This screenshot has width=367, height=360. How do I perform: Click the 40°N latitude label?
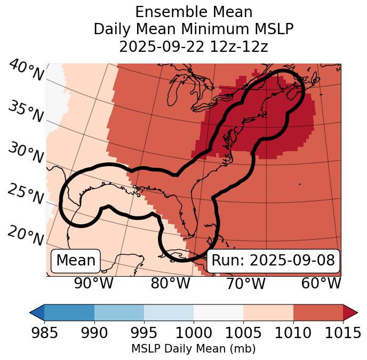(26, 71)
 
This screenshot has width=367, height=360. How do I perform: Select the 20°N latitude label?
(26, 236)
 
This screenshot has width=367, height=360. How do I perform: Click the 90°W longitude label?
(94, 283)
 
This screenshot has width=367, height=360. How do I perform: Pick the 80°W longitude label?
(170, 283)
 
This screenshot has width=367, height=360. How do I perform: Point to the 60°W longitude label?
(321, 283)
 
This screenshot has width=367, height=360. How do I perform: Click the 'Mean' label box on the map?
(76, 261)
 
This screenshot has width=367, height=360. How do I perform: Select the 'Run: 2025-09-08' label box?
(273, 261)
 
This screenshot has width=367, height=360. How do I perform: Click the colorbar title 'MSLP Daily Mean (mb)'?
(194, 349)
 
